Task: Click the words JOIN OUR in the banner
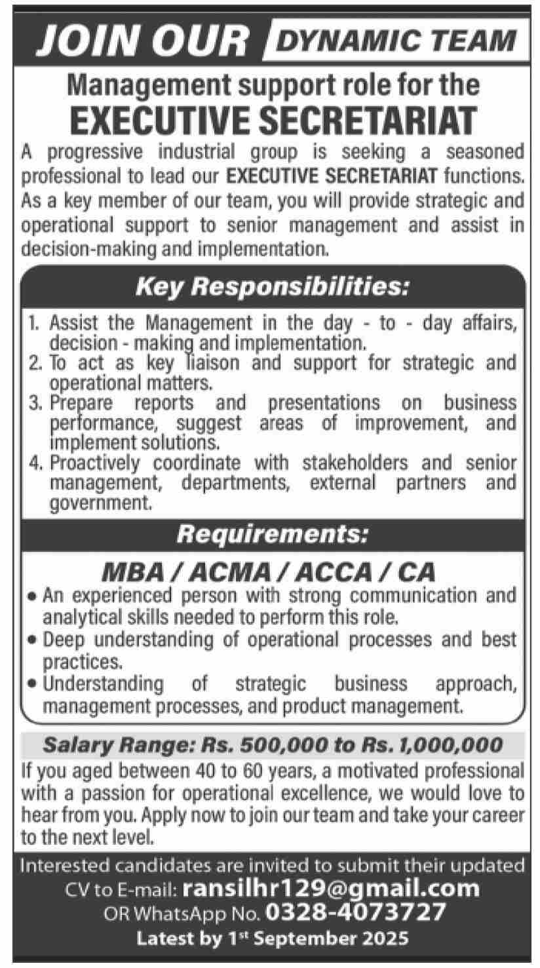pos(142,40)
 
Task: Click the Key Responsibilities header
pos(272,287)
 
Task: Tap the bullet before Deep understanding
pos(32,640)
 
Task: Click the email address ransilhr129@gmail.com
pos(332,889)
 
